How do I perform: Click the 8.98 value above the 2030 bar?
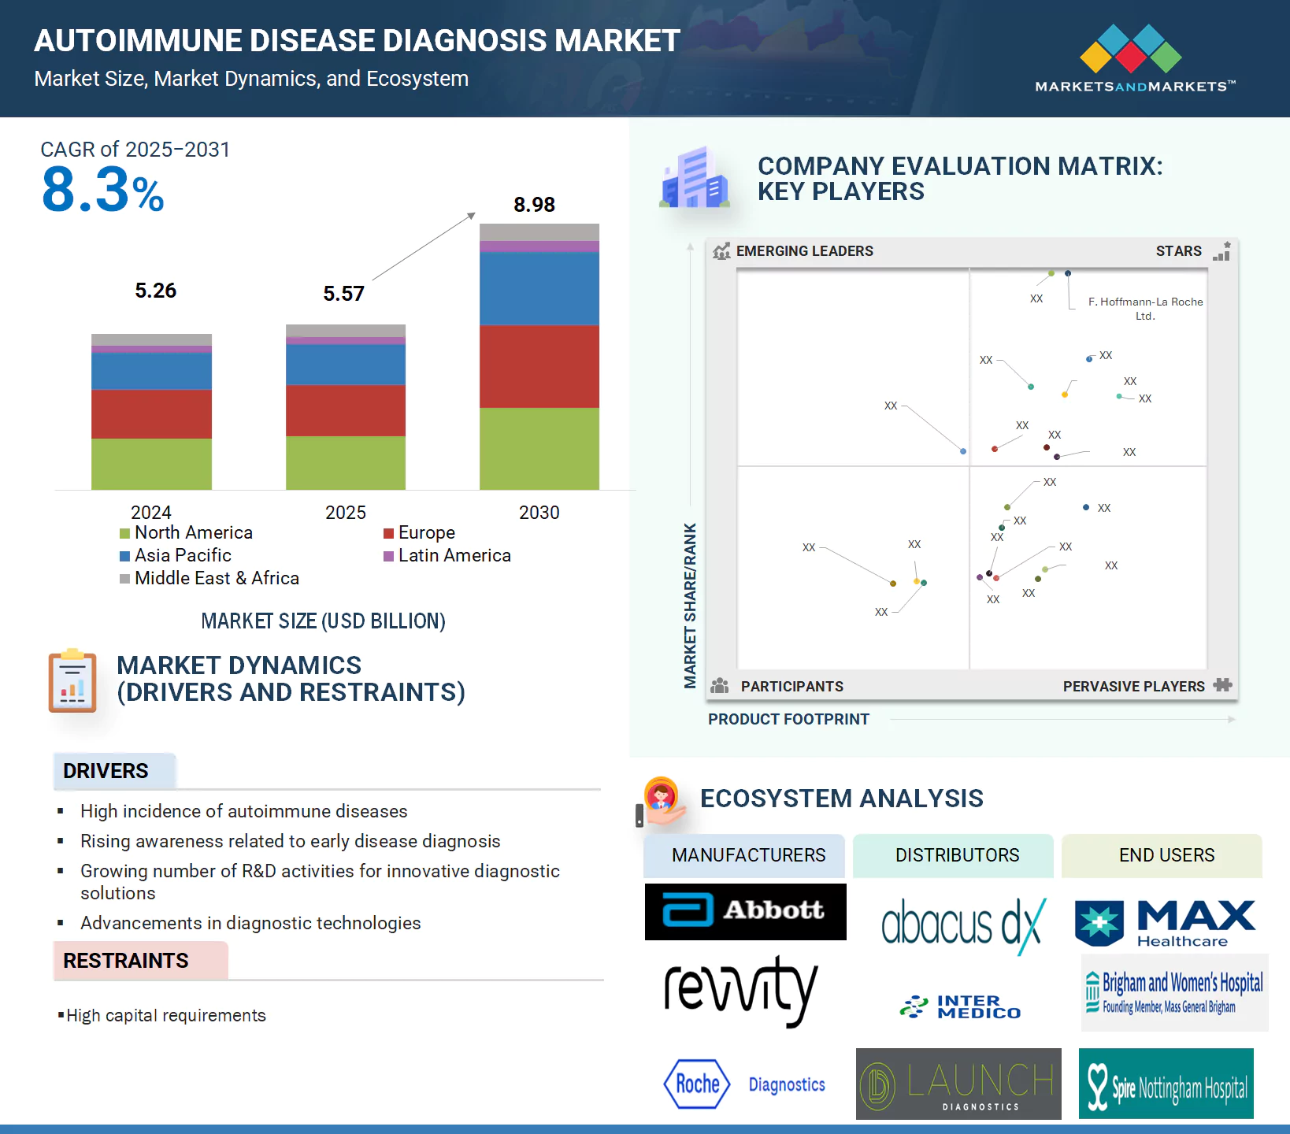pyautogui.click(x=534, y=205)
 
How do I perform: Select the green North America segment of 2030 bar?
pyautogui.click(x=539, y=448)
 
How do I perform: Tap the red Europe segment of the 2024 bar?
pyautogui.click(x=151, y=413)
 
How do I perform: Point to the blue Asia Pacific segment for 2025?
pyautogui.click(x=346, y=365)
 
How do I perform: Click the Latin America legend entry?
pyautogui.click(x=447, y=556)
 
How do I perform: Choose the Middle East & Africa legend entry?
pyautogui.click(x=209, y=579)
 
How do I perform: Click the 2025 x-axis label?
pyautogui.click(x=346, y=513)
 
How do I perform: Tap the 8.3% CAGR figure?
pyautogui.click(x=102, y=191)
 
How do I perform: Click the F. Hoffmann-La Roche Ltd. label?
pyautogui.click(x=1145, y=308)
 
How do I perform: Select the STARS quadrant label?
pyautogui.click(x=1178, y=251)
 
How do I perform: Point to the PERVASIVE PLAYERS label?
pyautogui.click(x=1133, y=687)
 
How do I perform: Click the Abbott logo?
pyautogui.click(x=745, y=911)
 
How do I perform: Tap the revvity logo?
pyautogui.click(x=740, y=990)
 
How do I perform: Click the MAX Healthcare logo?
pyautogui.click(x=1166, y=924)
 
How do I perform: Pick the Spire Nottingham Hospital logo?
pyautogui.click(x=1166, y=1084)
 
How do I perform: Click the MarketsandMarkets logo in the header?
pyautogui.click(x=1134, y=59)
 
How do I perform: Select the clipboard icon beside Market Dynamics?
pyautogui.click(x=72, y=681)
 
